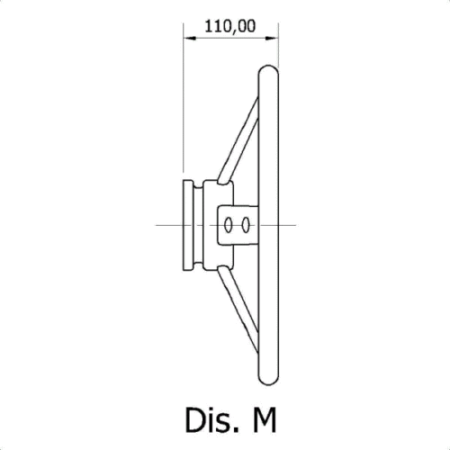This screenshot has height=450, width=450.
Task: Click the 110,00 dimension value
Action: pyautogui.click(x=230, y=26)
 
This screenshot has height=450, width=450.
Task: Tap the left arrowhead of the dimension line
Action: pyautogui.click(x=190, y=38)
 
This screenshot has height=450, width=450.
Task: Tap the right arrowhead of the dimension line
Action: pyautogui.click(x=272, y=38)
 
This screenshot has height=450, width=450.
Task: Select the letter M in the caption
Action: pyautogui.click(x=265, y=419)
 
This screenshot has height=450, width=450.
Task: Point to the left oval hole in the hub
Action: pyautogui.click(x=228, y=225)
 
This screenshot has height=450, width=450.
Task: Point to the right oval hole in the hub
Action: pyautogui.click(x=246, y=225)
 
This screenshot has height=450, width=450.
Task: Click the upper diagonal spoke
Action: pyautogui.click(x=238, y=139)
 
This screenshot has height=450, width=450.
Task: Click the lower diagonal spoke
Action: pyautogui.click(x=238, y=310)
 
